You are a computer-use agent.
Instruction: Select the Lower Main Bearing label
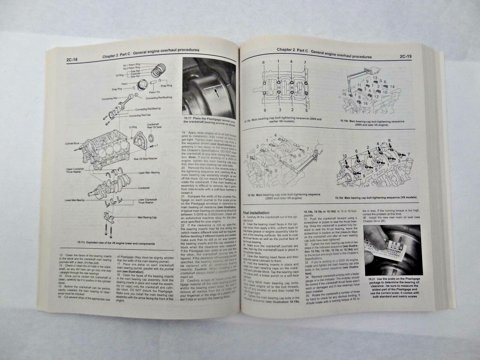[x=74, y=200]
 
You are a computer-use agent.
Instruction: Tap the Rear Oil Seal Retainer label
[x=155, y=159]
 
